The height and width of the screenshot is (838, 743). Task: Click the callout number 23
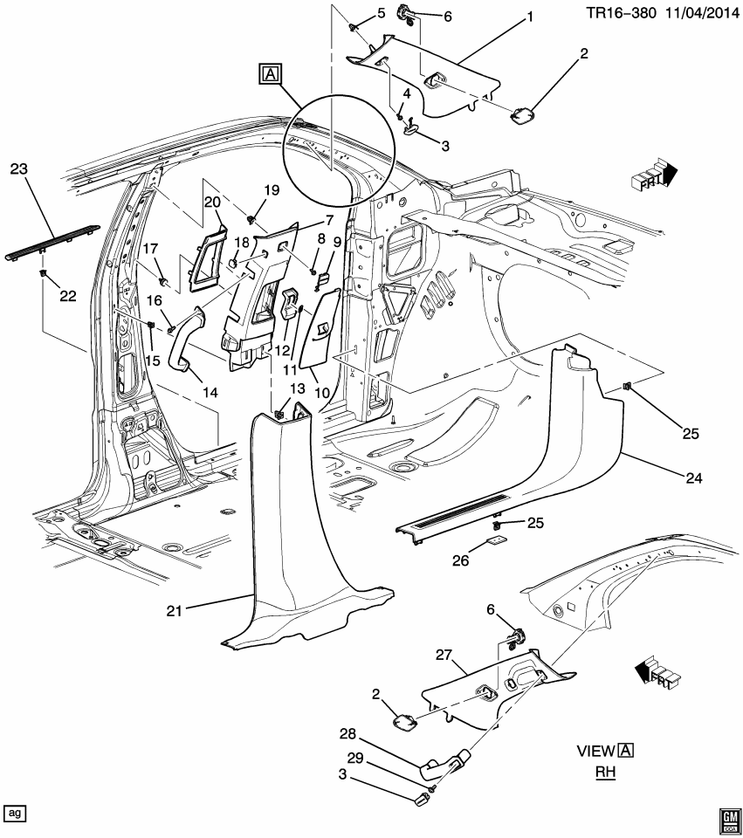point(20,168)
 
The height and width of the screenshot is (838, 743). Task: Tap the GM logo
point(727,817)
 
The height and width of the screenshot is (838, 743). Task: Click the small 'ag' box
point(15,813)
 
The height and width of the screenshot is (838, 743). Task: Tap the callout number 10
point(321,393)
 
